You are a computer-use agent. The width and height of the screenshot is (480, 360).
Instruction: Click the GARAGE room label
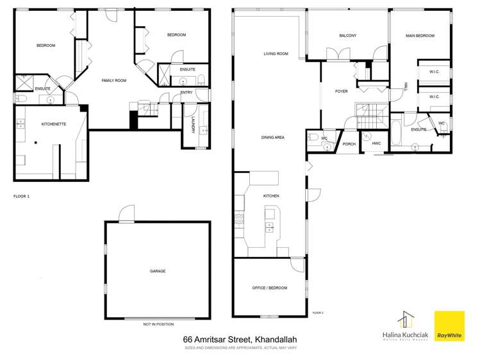click(x=158, y=271)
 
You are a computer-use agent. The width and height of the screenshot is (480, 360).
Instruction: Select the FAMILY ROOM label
click(x=114, y=80)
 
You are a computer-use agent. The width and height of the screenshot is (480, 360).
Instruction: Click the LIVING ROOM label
click(x=276, y=54)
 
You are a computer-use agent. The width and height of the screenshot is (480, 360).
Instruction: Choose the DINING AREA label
click(x=272, y=137)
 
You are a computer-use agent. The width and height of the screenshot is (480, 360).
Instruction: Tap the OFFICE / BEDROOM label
click(x=269, y=288)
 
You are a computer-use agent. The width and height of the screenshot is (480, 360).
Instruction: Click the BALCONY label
click(x=347, y=35)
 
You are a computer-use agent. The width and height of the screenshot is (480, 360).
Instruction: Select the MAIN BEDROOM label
click(x=420, y=36)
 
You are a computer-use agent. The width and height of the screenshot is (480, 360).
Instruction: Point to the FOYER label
click(x=342, y=92)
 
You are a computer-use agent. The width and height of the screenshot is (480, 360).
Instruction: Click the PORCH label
click(x=349, y=144)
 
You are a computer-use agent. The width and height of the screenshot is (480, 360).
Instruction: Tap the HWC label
click(x=376, y=143)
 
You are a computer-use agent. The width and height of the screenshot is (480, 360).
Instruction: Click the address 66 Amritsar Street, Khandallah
click(x=240, y=340)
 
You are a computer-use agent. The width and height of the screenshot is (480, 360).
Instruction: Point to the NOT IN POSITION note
click(x=158, y=325)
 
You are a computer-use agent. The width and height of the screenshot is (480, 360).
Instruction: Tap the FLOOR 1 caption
click(x=21, y=196)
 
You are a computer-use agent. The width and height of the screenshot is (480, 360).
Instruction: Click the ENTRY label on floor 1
click(x=186, y=92)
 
